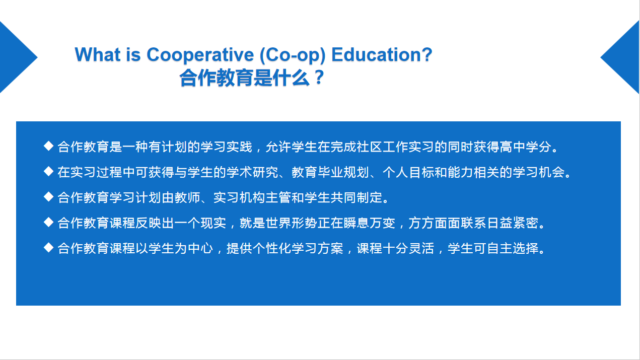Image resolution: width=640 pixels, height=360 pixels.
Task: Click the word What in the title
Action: point(97,54)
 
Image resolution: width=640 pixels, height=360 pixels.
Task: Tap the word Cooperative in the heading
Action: point(200,54)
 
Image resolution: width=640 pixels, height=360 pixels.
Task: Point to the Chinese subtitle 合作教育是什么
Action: point(245,78)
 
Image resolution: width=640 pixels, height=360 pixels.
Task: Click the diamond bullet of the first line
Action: point(48,146)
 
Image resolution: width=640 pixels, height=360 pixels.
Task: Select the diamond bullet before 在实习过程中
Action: point(48,171)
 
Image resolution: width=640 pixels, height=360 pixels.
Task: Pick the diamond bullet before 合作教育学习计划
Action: point(48,197)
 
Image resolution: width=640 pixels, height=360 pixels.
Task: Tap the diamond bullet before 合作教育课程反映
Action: point(48,222)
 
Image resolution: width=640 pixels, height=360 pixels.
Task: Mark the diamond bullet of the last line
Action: point(48,248)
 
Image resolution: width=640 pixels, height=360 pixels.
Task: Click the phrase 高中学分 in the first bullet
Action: point(526,147)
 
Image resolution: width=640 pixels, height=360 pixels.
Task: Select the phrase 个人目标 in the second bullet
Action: point(408,172)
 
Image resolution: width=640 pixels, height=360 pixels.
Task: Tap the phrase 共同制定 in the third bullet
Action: point(357,198)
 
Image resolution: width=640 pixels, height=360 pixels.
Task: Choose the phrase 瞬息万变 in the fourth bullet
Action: point(370,223)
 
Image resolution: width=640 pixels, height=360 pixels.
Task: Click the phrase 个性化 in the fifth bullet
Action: point(272,249)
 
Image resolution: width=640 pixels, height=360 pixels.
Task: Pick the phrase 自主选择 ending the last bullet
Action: point(513,249)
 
